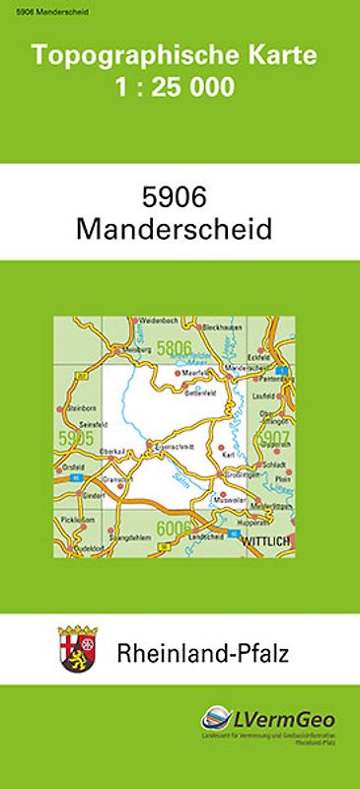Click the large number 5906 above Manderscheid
coord(180,197)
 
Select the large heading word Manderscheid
coord(180,229)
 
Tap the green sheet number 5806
coord(174,347)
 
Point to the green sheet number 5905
coord(76,438)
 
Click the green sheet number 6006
coord(174,528)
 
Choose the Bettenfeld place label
coord(201,392)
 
